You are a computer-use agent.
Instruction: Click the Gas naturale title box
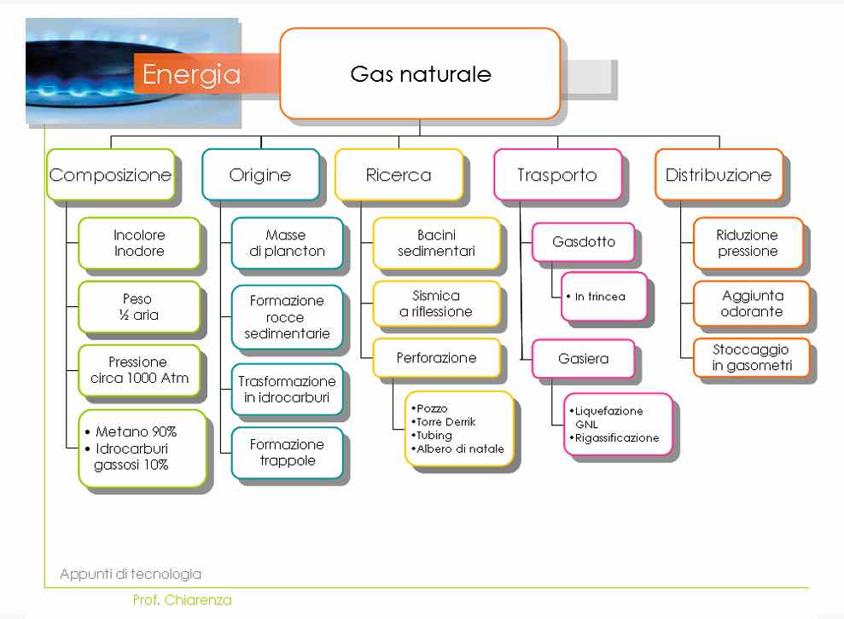421,73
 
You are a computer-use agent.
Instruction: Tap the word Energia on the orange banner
191,74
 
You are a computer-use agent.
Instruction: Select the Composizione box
111,175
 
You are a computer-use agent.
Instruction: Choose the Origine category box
260,175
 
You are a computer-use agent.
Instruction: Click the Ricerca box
399,175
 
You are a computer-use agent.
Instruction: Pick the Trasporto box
557,175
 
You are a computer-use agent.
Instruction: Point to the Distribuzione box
719,175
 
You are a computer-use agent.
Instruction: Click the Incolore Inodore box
139,243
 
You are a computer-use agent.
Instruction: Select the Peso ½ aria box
139,307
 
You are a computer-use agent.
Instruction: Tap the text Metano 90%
136,431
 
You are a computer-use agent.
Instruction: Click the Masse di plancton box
288,243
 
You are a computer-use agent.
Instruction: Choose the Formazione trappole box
288,453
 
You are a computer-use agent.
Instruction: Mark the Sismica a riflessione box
437,304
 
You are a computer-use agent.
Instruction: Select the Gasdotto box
584,242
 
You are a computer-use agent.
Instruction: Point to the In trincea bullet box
604,297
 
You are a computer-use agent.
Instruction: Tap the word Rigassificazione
617,437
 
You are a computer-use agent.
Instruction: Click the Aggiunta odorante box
752,304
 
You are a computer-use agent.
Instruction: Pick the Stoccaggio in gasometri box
752,357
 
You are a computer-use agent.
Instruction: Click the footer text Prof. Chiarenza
182,600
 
